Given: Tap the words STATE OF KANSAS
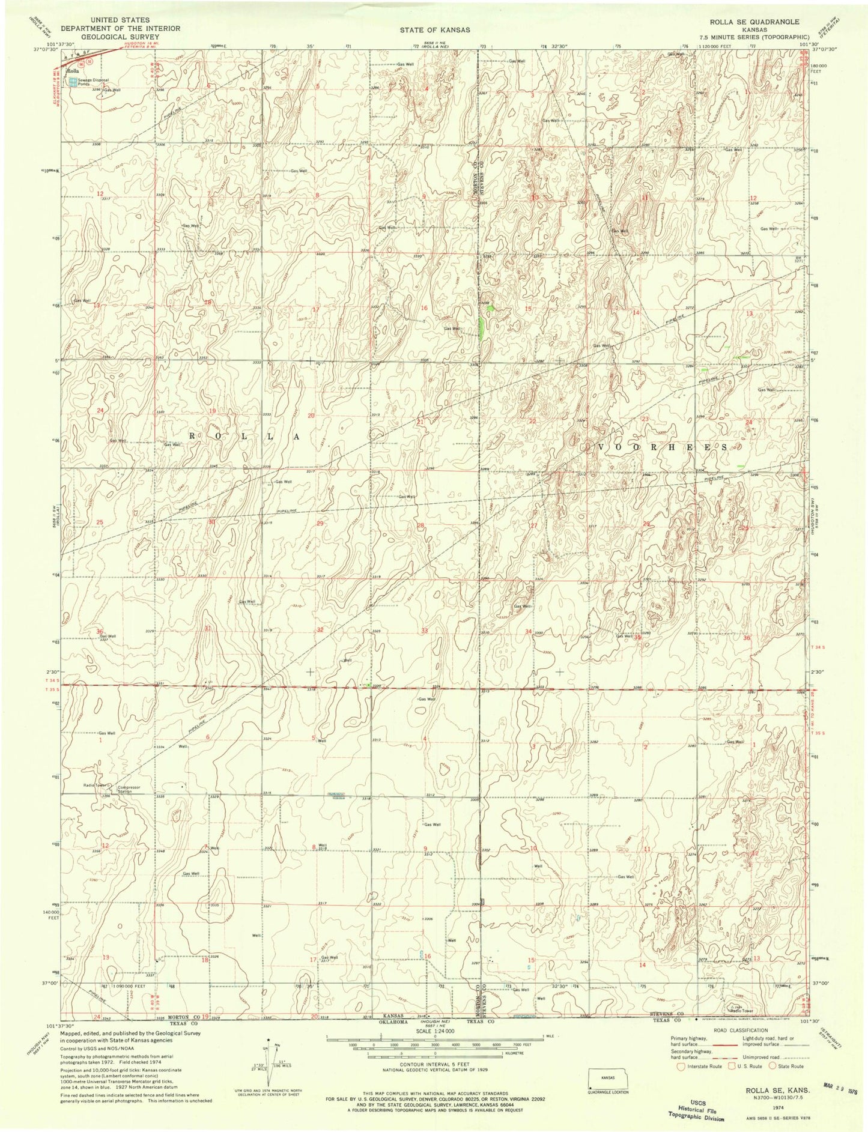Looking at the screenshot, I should [x=434, y=29].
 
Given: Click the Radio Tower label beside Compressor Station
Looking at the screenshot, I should [x=94, y=785].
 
